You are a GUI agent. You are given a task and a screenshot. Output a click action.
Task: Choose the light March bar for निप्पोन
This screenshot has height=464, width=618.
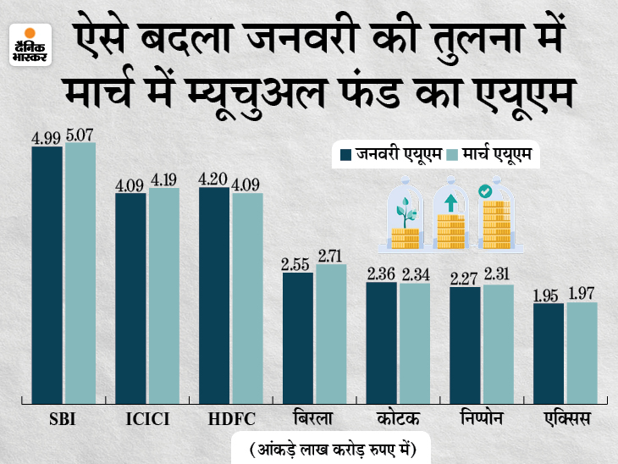tap(498, 343)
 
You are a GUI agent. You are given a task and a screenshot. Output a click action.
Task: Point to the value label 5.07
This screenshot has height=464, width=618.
tap(80, 133)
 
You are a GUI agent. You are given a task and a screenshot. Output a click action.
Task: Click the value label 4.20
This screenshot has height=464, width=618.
tap(214, 179)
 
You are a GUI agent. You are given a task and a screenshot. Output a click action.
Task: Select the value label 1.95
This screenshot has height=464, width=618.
tap(549, 295)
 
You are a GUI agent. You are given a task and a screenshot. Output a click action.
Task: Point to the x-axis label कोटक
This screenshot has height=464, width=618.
tap(397, 420)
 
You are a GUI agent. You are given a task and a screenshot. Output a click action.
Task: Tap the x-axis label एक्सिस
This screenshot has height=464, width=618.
tap(565, 420)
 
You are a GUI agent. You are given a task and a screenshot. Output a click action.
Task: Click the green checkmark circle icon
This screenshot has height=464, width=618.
tap(486, 193)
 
